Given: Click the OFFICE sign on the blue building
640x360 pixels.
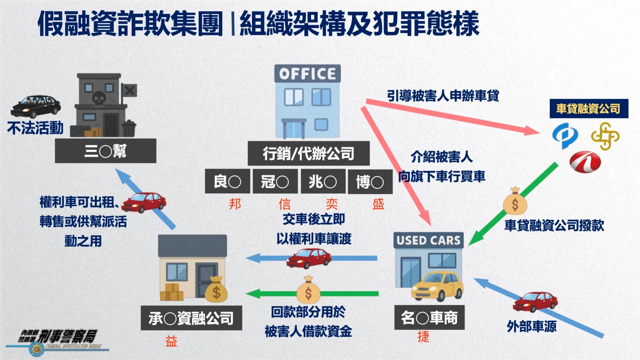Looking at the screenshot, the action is point(308,73).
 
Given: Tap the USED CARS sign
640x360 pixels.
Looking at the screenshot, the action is point(428,240).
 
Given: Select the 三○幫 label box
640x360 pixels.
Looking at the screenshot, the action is point(105,151).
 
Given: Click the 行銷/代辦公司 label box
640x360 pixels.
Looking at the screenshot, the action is point(308,153).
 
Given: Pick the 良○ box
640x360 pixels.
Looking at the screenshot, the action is point(228,181).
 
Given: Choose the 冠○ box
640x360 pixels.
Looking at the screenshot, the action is point(275,181).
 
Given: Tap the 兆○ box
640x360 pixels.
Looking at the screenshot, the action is point(323,181).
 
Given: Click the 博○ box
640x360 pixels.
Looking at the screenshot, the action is point(370,182).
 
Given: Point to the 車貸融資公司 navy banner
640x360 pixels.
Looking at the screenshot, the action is point(589,108).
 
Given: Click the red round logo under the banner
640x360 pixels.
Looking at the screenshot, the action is point(585,162).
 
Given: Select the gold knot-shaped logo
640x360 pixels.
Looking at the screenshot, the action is point(605,136).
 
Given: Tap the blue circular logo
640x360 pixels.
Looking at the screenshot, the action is point(565,136).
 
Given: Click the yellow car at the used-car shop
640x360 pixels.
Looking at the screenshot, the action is point(437,287).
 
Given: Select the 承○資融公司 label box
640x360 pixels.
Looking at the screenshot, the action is point(192,318).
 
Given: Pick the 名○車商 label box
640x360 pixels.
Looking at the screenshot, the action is point(429,317).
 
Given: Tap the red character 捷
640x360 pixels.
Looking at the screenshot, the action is point(424,336).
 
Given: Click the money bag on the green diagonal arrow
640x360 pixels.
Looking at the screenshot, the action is point(515,201).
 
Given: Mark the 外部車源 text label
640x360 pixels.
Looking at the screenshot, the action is point(532,326).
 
